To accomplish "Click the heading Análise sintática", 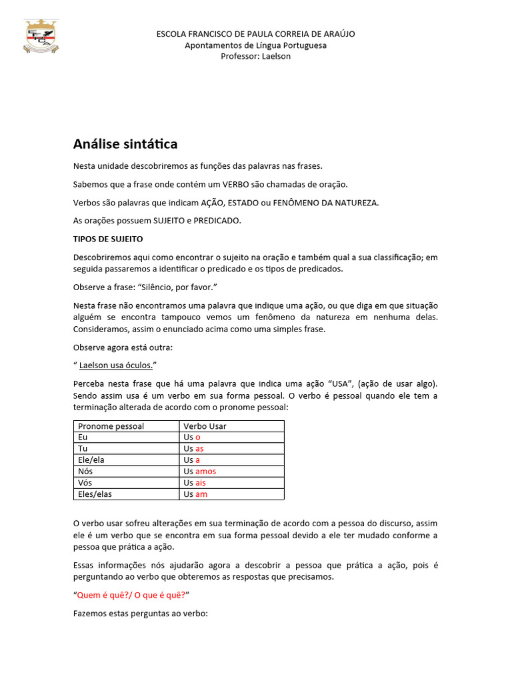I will [125, 144].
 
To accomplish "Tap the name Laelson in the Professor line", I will [276, 56].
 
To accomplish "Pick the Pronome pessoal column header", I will [111, 426].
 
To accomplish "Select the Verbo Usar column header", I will [205, 426].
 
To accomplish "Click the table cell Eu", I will [83, 438].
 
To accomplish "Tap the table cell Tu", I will [83, 449].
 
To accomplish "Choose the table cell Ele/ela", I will [91, 460].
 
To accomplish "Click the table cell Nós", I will [85, 472].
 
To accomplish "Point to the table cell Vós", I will [85, 483].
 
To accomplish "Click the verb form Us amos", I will [200, 472].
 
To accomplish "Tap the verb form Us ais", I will [195, 483].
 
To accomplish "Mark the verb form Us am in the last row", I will [195, 494].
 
